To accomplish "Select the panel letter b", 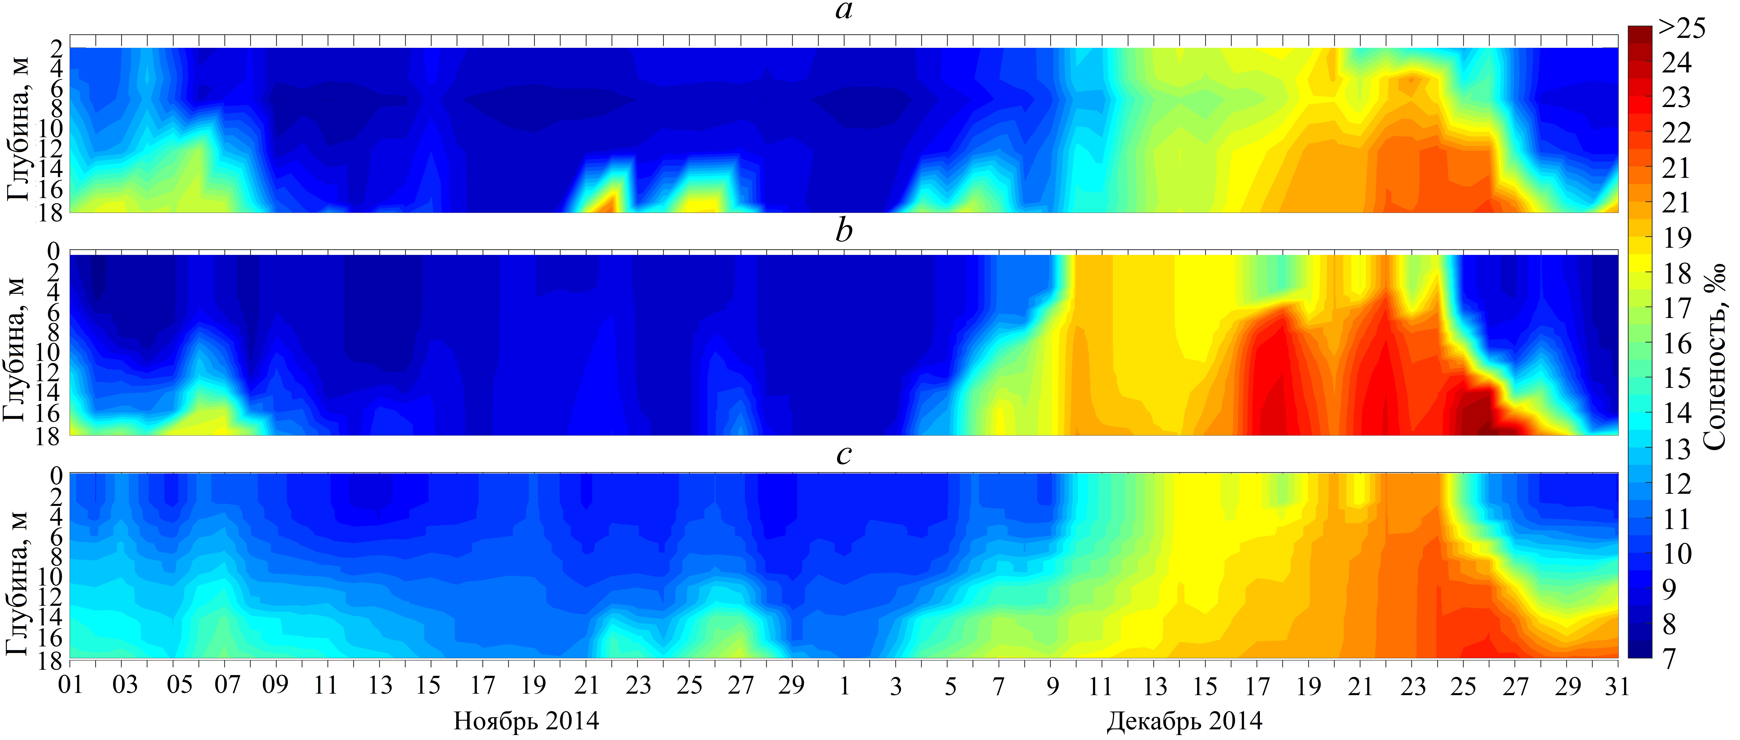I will pos(844,232).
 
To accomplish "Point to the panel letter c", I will pos(844,454).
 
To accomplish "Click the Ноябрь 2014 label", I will pos(526,721).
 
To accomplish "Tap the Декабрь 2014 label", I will pos(1184,721).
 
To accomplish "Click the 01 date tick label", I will pos(70,685).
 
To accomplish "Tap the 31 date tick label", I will pos(1617,685).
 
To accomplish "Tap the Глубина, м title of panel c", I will pos(18,583).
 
